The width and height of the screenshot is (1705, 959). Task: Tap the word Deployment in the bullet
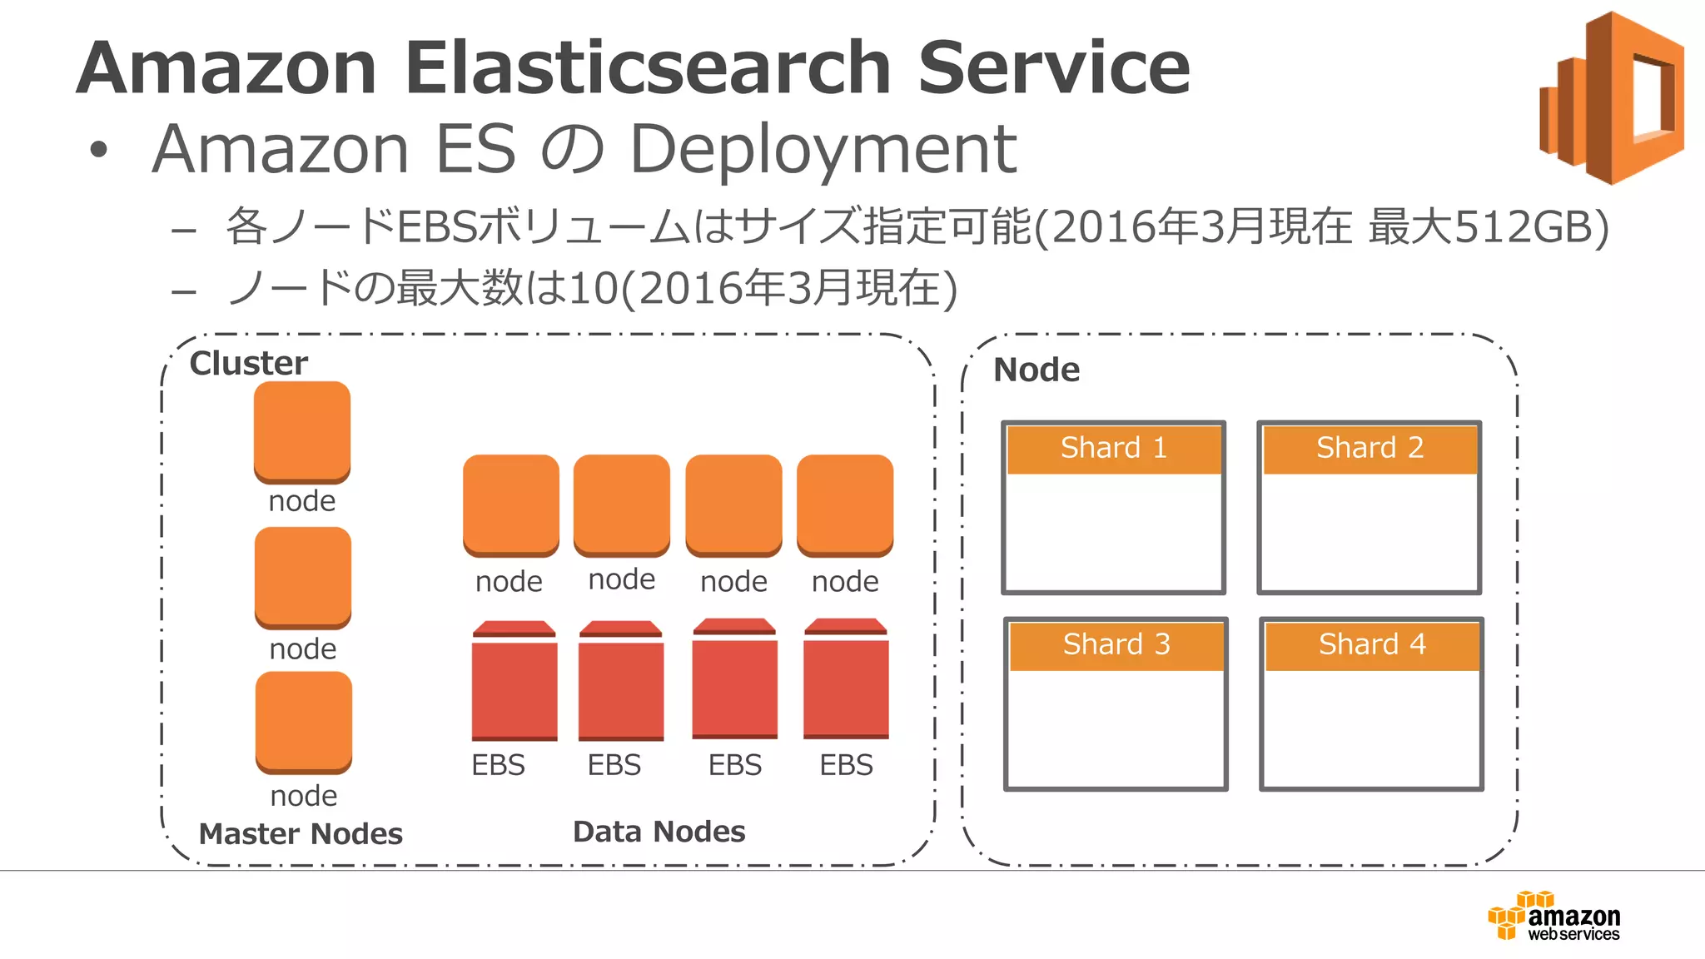coord(823,150)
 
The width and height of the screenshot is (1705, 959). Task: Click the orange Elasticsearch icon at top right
coord(1611,97)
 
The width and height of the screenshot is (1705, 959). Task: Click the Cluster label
coord(248,363)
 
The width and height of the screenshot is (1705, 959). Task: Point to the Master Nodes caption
coord(301,833)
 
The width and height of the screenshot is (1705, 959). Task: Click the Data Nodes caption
coord(659,831)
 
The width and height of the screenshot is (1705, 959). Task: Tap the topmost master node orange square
coord(301,431)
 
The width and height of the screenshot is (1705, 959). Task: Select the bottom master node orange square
coord(303,722)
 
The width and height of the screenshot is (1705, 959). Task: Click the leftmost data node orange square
coord(510,504)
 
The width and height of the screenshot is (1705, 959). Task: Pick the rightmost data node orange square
coord(845,504)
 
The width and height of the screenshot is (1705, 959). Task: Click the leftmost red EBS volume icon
coord(514,681)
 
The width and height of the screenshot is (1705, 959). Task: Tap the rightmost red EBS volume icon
coord(846,679)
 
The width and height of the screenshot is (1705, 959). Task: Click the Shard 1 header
coord(1113,449)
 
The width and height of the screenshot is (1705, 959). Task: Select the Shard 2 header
coord(1369,449)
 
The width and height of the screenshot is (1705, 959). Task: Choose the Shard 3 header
coord(1116,645)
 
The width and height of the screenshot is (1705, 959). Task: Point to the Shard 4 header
coord(1372,645)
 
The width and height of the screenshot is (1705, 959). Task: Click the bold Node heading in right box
coord(1036,370)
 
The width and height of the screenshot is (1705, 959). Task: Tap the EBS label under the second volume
coord(614,764)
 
